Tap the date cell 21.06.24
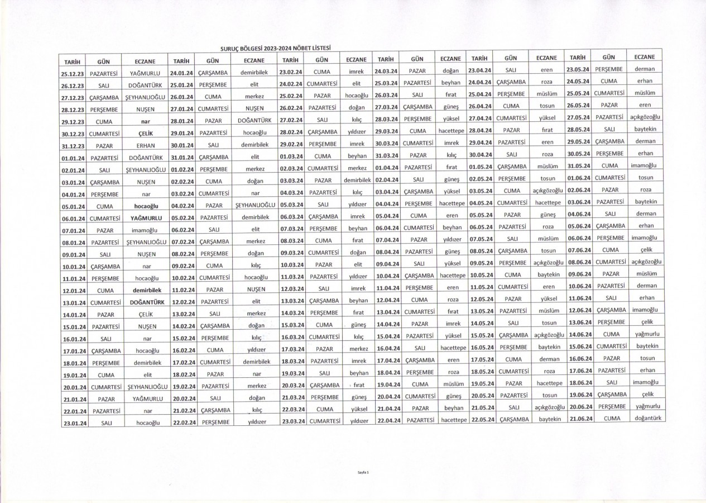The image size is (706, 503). [x=580, y=419]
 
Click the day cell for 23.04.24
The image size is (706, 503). [x=510, y=70]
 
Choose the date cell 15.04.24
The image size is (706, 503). [x=387, y=336]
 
